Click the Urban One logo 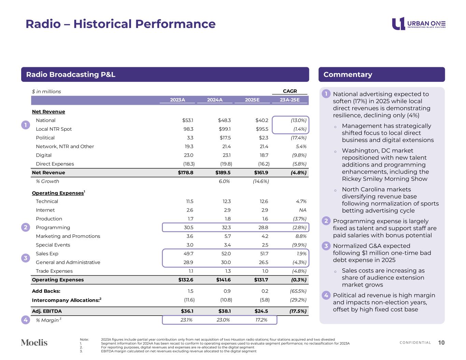point(419,24)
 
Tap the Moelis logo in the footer point(34,343)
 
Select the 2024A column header point(215,100)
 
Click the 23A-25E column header point(290,100)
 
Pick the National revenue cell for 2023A point(188,120)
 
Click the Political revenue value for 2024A point(225,138)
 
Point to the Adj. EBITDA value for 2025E point(262,311)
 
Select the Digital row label point(44,155)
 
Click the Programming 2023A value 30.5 point(188,228)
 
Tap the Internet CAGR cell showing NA point(302,210)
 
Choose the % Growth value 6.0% point(224,181)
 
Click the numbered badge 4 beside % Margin point(26,320)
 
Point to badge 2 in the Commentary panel point(326,221)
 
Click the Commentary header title point(348,75)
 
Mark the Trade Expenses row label point(54,271)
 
